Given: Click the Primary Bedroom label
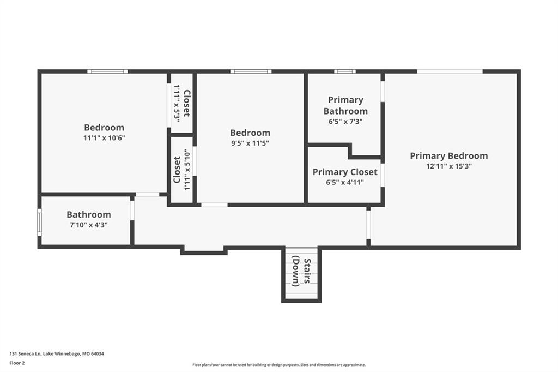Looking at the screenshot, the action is (449, 156).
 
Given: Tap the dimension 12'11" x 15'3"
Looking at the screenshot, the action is (449, 166).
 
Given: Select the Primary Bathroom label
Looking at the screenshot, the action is (345, 105).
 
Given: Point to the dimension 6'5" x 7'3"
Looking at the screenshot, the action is (345, 122).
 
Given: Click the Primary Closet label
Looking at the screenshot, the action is (345, 172).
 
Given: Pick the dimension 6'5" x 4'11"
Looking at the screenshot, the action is (345, 182).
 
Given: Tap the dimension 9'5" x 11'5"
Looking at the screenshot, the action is (250, 143).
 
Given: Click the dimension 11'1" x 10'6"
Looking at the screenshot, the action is (104, 138).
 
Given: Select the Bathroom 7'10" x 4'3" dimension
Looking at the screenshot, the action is (89, 225).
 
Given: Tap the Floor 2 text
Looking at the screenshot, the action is (17, 363).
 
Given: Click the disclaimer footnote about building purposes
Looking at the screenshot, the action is (279, 365).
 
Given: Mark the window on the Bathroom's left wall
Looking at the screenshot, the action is (39, 222).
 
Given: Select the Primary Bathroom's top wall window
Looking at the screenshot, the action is (345, 71).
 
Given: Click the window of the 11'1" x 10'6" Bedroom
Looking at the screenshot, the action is (107, 71).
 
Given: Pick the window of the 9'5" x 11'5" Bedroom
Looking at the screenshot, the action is (251, 71).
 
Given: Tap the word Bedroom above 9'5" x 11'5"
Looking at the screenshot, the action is (250, 133).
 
